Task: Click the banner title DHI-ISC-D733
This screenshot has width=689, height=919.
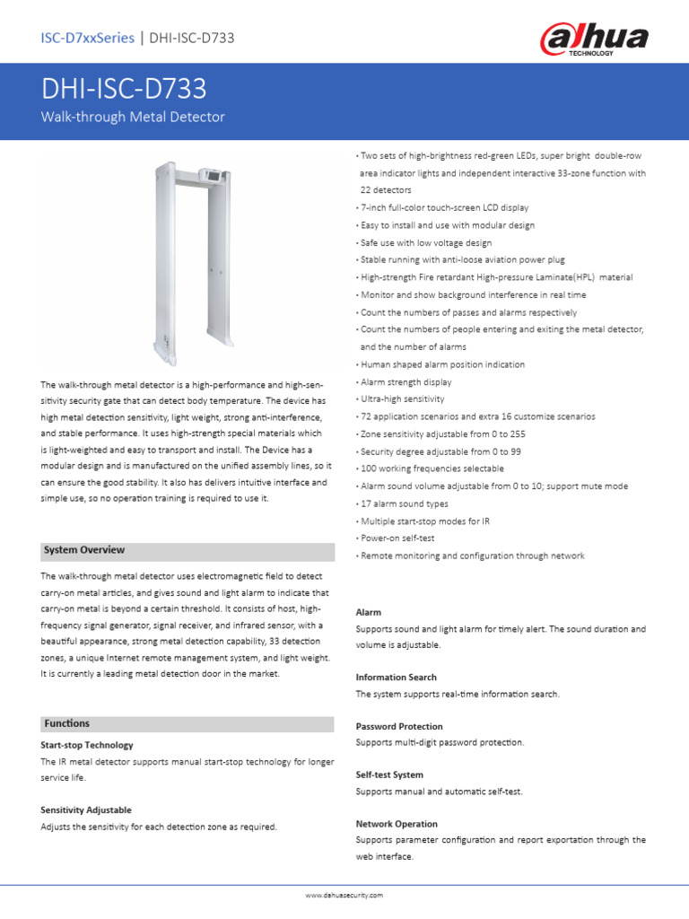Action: tap(124, 89)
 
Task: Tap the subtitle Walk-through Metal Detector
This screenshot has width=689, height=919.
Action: tap(133, 117)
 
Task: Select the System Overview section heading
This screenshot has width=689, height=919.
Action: tap(84, 549)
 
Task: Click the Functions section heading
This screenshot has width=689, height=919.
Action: tap(66, 722)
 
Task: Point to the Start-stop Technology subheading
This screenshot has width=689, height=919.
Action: tap(86, 745)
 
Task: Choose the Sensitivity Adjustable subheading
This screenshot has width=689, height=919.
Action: tap(85, 810)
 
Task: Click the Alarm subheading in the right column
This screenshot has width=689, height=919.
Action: tap(369, 612)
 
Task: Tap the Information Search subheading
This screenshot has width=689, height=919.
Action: tap(396, 678)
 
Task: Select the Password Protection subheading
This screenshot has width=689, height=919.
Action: tap(398, 726)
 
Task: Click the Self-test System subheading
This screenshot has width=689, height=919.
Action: tap(389, 775)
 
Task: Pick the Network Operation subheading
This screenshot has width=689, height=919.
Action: tap(397, 824)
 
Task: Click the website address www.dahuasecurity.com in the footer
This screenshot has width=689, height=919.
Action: tap(344, 895)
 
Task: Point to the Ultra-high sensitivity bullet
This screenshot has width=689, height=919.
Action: tap(402, 399)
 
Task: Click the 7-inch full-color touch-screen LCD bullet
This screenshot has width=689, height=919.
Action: tap(444, 207)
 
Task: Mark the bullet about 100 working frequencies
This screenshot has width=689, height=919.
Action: tap(432, 468)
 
